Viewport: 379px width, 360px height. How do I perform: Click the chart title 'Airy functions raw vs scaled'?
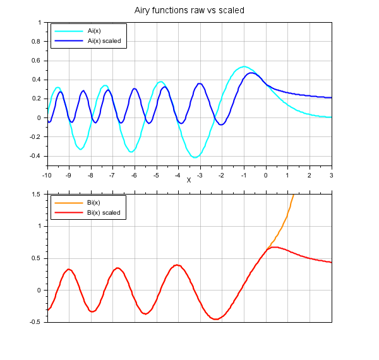(189, 11)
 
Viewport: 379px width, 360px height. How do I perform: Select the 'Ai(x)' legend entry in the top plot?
(95, 30)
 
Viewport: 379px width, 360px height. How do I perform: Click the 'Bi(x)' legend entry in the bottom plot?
(95, 203)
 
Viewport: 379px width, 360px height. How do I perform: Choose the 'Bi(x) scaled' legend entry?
(104, 213)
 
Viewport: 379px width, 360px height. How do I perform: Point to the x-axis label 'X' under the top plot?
(188, 180)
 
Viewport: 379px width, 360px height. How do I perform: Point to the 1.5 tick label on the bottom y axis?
(36, 195)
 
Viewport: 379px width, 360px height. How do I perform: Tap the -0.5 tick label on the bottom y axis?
(35, 322)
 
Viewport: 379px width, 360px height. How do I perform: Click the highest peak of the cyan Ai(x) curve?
(243, 66)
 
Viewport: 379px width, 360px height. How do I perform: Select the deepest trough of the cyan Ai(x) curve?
(196, 157)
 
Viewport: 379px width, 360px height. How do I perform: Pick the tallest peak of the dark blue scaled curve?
(251, 73)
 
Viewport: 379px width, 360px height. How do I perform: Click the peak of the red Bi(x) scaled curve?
(272, 247)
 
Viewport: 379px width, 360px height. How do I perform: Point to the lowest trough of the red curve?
(215, 319)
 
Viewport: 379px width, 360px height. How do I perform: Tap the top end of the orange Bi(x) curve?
(293, 196)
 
